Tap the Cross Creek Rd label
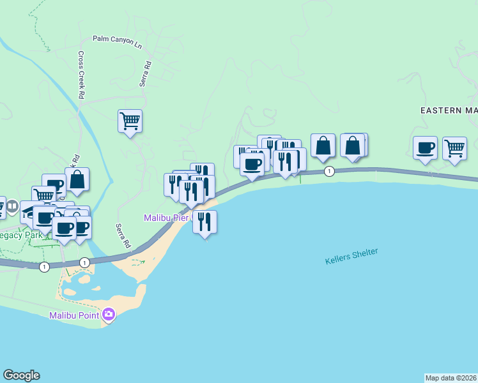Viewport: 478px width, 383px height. [81, 75]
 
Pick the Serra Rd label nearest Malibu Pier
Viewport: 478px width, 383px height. [123, 236]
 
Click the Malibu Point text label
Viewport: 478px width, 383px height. [75, 315]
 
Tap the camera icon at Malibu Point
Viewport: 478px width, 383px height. [108, 314]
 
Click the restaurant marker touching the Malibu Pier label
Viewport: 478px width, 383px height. [204, 222]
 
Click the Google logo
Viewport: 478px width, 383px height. [21, 375]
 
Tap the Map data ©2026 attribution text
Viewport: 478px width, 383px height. [451, 377]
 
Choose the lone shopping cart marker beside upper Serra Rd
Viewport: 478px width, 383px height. [130, 120]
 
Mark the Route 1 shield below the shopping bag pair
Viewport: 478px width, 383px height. [329, 171]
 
